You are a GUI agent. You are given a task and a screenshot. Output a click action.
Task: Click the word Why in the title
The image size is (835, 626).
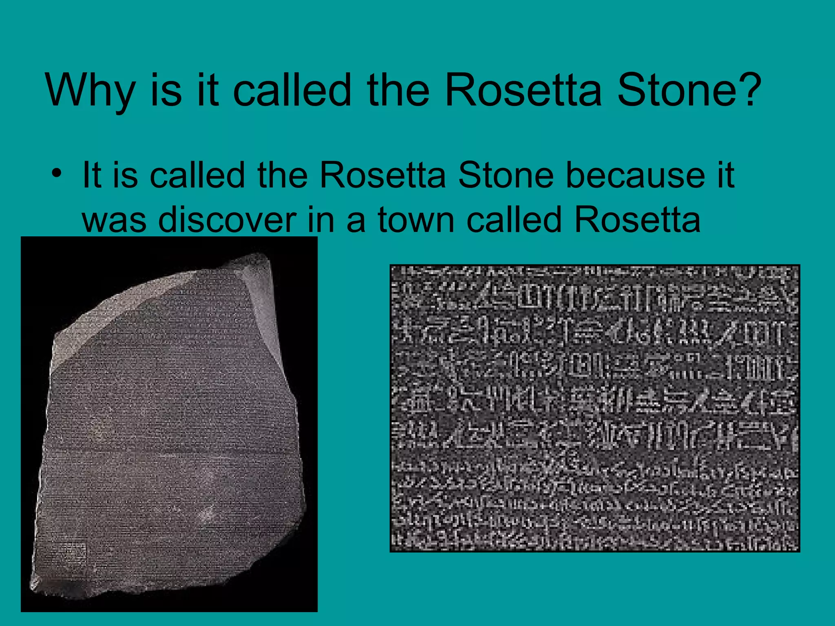tap(90, 90)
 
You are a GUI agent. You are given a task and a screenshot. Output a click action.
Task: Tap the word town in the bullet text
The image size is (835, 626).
tap(415, 220)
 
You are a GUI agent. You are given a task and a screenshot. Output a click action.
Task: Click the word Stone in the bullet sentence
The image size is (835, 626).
tap(506, 176)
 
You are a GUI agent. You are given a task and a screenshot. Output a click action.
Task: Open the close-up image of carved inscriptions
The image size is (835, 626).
tap(594, 408)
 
